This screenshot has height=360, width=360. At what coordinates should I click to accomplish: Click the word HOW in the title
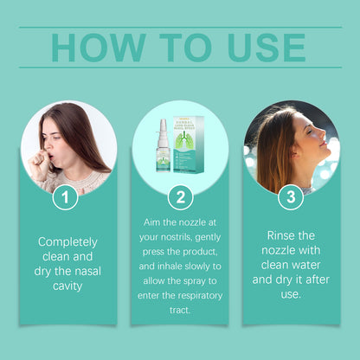99,48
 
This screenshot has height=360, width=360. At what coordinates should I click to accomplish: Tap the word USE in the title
267,48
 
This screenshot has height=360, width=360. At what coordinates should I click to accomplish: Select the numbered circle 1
65,197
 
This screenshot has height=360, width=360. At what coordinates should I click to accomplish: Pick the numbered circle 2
180,197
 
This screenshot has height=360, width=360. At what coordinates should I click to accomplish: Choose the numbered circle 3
291,197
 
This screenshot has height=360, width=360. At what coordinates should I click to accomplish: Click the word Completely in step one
67,242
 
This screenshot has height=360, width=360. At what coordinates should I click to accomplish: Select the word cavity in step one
67,286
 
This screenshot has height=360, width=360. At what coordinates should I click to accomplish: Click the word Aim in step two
151,222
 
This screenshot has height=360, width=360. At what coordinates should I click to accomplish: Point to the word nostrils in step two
176,237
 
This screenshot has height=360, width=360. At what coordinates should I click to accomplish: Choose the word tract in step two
180,311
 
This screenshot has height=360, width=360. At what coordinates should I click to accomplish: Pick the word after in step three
317,280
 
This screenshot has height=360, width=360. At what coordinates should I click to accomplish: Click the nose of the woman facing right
323,133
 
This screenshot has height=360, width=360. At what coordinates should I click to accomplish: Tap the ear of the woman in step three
294,151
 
